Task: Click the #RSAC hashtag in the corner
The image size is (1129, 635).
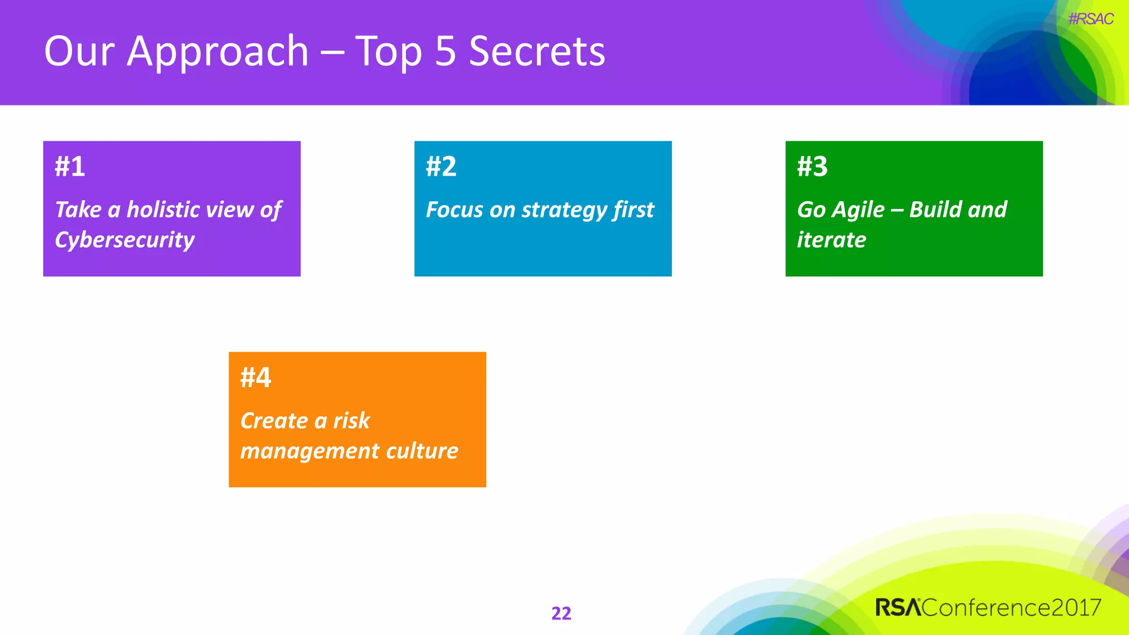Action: [x=1090, y=19]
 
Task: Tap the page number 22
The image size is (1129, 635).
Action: [x=561, y=613]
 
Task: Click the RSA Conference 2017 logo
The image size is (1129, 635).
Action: [x=988, y=607]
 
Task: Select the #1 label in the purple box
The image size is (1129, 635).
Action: [x=70, y=166]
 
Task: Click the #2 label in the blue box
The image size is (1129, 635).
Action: [x=441, y=166]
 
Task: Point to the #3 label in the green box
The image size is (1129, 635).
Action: [x=812, y=166]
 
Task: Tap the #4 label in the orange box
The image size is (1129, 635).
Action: [x=256, y=378]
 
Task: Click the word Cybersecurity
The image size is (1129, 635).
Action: [x=125, y=240]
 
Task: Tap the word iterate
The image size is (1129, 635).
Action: [x=831, y=240]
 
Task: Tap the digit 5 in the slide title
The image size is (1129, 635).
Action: [x=445, y=51]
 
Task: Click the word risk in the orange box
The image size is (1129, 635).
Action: [x=351, y=421]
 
